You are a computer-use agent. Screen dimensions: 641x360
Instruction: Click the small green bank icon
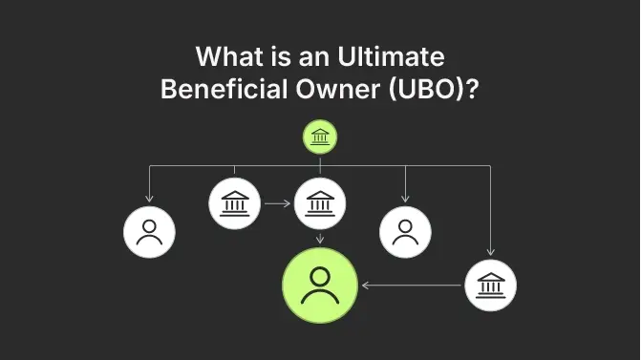pos(320,139)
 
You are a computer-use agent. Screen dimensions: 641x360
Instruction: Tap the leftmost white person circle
pos(149,231)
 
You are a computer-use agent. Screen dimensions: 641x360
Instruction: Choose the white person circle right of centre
pos(405,231)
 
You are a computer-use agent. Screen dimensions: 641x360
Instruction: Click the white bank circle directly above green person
pos(320,203)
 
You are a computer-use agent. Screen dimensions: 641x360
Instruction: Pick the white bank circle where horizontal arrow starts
pos(234,203)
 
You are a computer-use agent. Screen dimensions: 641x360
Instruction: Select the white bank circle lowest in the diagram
pos(490,285)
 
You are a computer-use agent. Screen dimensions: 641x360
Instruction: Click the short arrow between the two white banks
pos(277,203)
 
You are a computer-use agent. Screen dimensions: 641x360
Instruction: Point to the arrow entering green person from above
pos(320,240)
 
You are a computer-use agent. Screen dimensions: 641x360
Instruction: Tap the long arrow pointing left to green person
pos(411,285)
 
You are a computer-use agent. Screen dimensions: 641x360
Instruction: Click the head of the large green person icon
pos(319,276)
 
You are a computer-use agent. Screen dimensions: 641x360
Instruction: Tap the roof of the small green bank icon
pos(320,134)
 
